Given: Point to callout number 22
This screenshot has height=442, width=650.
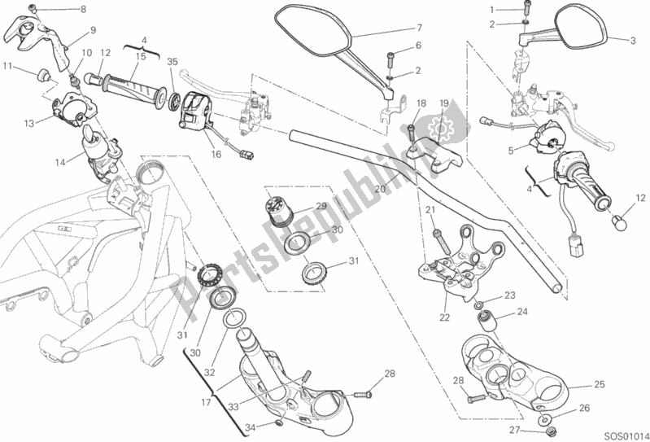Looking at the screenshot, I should (444, 317).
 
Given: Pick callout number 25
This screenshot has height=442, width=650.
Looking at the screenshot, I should (600, 384).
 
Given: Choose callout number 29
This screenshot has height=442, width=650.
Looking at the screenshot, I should (321, 207).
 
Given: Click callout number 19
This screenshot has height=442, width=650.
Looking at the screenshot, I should (444, 103).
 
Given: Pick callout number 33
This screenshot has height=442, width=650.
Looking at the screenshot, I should (233, 406).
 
